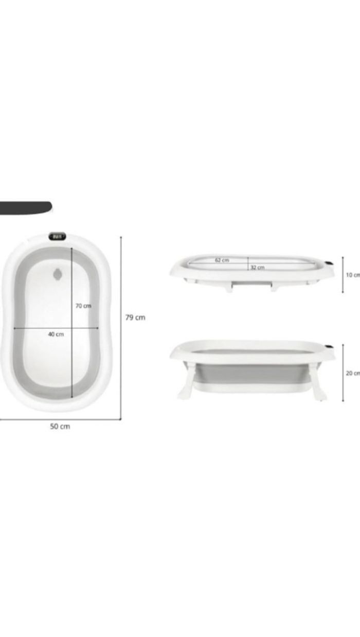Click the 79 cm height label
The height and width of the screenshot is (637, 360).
click(x=135, y=317)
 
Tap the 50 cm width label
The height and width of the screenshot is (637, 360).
click(x=60, y=426)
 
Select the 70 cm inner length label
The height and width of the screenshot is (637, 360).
click(x=83, y=306)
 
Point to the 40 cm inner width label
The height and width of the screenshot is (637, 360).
click(x=56, y=334)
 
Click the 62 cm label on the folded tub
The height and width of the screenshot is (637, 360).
click(x=222, y=260)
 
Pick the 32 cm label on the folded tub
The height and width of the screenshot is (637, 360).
click(x=258, y=267)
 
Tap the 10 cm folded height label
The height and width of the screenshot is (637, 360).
click(x=353, y=275)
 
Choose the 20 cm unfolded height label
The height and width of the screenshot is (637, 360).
click(x=353, y=373)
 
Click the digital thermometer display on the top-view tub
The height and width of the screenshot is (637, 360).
click(x=58, y=237)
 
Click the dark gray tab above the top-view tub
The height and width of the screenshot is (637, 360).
click(x=26, y=207)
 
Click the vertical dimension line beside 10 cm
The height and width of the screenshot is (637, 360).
click(x=343, y=274)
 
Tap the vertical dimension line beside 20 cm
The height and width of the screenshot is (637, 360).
click(x=343, y=373)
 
